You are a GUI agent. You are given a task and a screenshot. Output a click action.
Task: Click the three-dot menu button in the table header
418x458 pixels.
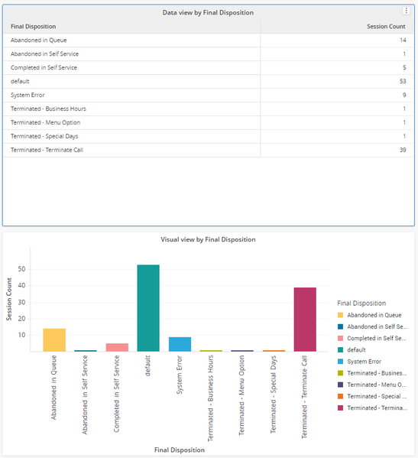(406, 11)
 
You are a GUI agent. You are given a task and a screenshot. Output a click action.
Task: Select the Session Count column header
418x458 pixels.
(386, 27)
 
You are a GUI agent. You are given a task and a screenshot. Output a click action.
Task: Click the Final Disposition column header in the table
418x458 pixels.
(34, 27)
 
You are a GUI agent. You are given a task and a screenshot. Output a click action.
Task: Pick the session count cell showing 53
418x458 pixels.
(403, 81)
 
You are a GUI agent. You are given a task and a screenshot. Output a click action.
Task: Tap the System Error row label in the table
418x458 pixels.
(28, 95)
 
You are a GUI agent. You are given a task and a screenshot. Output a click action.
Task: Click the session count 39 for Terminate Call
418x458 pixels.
(403, 150)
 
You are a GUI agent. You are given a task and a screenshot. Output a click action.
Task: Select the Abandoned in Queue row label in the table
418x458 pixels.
(39, 41)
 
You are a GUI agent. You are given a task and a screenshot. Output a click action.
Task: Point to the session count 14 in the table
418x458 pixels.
(403, 40)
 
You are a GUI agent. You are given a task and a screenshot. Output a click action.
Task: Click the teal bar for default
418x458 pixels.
(148, 308)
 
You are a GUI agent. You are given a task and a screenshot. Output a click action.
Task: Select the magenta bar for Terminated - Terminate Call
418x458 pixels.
(305, 320)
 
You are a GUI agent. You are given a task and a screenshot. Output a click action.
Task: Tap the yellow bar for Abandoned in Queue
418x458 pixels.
(54, 340)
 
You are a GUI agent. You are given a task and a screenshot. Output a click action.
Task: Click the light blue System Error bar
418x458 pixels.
(180, 344)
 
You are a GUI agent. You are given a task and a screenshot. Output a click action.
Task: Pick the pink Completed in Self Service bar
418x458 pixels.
(117, 347)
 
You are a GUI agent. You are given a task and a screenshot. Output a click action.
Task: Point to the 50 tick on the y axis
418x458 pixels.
(22, 269)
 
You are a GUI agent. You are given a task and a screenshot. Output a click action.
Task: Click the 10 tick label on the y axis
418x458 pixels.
(22, 335)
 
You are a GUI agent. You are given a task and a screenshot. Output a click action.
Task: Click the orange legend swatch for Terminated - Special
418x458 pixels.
(340, 396)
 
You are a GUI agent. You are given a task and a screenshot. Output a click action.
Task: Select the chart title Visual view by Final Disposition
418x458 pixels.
(208, 239)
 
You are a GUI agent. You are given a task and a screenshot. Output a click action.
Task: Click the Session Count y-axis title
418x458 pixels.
(9, 299)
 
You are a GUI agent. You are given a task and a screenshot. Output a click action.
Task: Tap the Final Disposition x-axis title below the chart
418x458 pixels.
(180, 450)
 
